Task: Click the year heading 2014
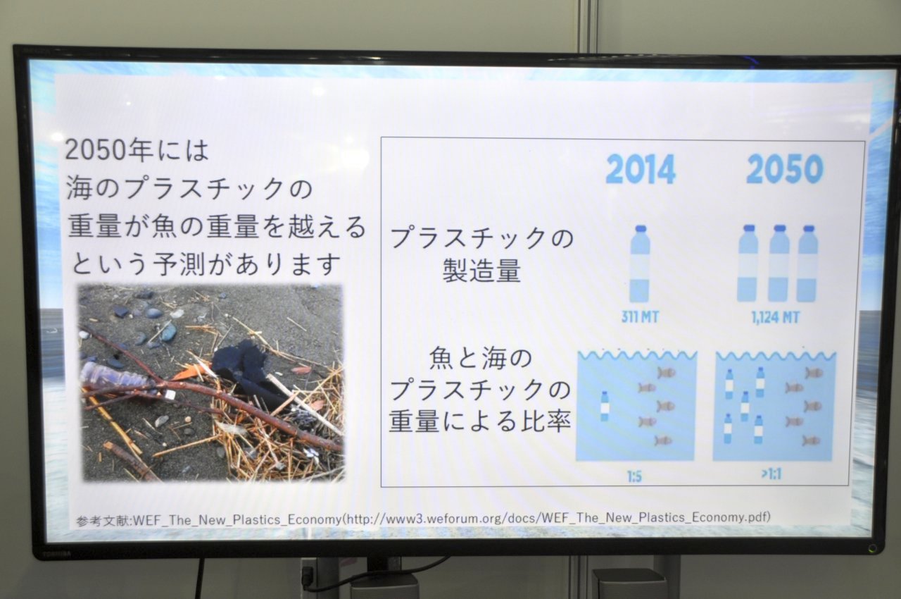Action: click(x=641, y=169)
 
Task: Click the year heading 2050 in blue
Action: click(x=784, y=168)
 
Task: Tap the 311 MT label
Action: click(x=640, y=317)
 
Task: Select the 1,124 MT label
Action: click(x=776, y=318)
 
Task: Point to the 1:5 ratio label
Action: click(x=634, y=477)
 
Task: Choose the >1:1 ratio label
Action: click(x=771, y=474)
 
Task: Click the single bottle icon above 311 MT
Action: click(x=640, y=264)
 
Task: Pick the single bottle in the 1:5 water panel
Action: click(x=604, y=406)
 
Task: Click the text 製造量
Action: click(x=482, y=270)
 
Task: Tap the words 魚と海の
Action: click(x=481, y=358)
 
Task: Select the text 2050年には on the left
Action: click(x=137, y=150)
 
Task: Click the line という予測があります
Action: click(x=206, y=264)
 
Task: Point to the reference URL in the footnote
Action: click(x=558, y=518)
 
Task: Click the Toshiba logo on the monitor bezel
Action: click(x=57, y=554)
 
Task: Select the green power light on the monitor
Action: click(x=871, y=548)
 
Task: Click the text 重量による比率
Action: click(x=480, y=421)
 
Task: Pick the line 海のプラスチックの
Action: click(x=189, y=188)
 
